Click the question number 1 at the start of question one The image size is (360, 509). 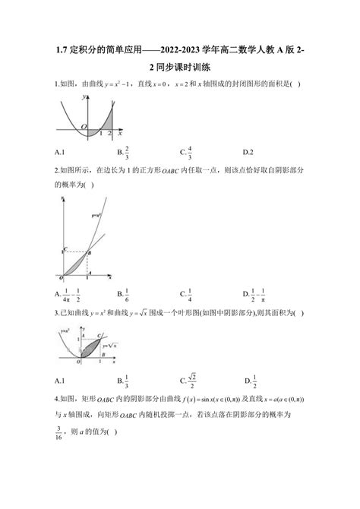57,84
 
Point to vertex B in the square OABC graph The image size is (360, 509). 90,251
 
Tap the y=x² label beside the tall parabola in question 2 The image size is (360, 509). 96,216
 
